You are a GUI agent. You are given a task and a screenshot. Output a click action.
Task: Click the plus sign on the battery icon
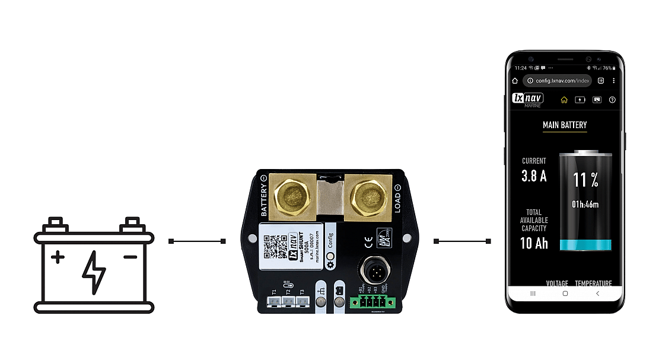tap(58, 257)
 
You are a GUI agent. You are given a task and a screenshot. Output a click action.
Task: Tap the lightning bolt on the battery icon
tap(94, 272)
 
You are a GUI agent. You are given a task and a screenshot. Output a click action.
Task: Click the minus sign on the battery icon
tap(130, 257)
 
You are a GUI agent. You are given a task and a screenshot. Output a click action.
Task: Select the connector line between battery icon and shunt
tap(198, 241)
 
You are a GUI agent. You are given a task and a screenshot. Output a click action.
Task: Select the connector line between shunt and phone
tap(462, 241)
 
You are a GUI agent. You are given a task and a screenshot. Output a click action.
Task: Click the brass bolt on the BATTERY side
tap(289, 196)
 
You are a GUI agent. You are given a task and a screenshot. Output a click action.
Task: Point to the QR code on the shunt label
tap(275, 246)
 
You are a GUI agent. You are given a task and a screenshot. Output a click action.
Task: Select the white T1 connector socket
tap(274, 302)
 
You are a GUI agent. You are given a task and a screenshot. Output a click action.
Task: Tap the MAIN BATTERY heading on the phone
tap(565, 125)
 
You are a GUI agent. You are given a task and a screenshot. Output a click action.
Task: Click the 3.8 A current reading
tap(534, 176)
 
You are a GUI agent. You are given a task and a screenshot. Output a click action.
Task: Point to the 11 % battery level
tap(585, 180)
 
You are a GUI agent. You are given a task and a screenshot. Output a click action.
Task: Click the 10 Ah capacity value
tap(534, 243)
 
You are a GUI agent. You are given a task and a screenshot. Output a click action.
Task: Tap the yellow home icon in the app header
tap(564, 100)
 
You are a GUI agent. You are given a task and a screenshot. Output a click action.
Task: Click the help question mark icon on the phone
tap(612, 100)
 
